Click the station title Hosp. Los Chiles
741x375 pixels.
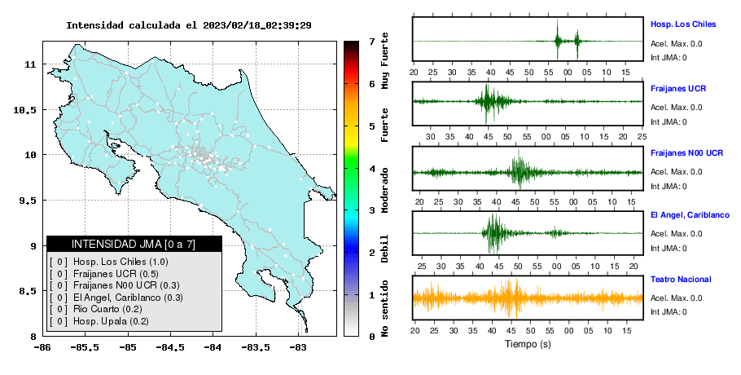pyautogui.click(x=683, y=24)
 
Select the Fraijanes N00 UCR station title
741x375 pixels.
pyautogui.click(x=686, y=152)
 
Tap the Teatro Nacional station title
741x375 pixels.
pyautogui.click(x=681, y=279)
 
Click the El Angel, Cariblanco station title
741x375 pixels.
pyautogui.click(x=690, y=215)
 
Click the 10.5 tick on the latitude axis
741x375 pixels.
pyautogui.click(x=26, y=110)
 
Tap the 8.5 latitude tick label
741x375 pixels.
pyautogui.click(x=28, y=291)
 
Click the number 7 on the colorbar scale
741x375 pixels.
pyautogui.click(x=372, y=42)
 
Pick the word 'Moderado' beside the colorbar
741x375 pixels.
pyautogui.click(x=384, y=190)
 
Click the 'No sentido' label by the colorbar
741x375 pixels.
pyautogui.click(x=384, y=308)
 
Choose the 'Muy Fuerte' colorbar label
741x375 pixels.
pyautogui.click(x=384, y=60)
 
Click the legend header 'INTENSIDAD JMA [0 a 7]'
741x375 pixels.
pyautogui.click(x=134, y=244)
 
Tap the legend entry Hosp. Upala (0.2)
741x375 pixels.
pyautogui.click(x=111, y=321)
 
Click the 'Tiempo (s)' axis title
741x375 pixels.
pyautogui.click(x=528, y=344)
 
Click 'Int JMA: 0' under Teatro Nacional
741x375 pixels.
pyautogui.click(x=669, y=311)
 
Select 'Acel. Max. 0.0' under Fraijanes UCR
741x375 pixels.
pyautogui.click(x=676, y=108)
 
